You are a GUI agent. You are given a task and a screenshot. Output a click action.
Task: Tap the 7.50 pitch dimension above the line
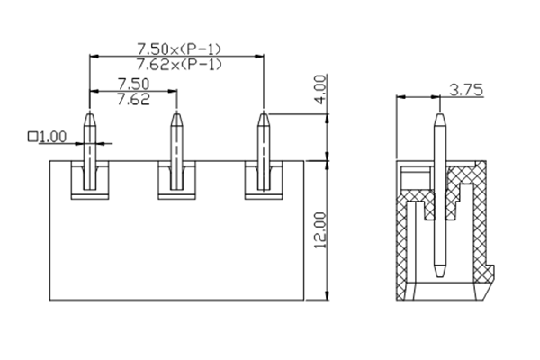[x=133, y=84]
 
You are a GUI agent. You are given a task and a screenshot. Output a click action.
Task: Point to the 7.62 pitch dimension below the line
[x=133, y=99]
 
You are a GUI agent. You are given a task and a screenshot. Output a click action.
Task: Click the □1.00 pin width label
[x=48, y=137]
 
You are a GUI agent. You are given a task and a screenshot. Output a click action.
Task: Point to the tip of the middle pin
[x=176, y=113]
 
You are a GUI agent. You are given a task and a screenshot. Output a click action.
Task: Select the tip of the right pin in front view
[x=263, y=113]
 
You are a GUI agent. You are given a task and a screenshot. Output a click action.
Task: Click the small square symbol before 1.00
[x=33, y=137]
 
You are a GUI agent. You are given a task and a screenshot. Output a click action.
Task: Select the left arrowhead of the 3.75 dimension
[x=401, y=97]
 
